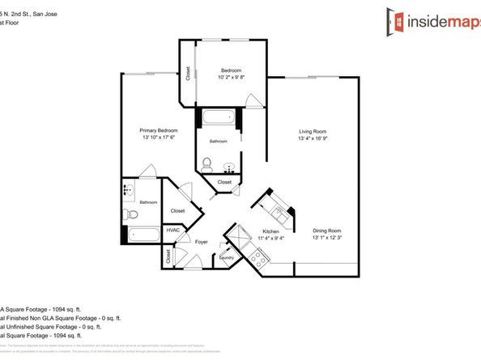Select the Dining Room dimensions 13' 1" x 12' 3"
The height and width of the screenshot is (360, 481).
tap(328, 238)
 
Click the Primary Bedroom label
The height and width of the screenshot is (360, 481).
tap(159, 130)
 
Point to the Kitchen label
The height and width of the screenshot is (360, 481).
tap(270, 231)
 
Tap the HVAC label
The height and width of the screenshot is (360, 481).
tap(172, 230)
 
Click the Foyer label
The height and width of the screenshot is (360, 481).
tap(202, 241)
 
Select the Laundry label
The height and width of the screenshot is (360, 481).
tap(226, 258)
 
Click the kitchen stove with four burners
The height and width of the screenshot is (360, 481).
tap(259, 258)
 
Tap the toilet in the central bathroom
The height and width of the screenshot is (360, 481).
tap(207, 167)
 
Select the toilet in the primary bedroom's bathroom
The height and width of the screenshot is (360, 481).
tap(131, 215)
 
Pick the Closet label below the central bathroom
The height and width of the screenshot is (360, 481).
tap(225, 182)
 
